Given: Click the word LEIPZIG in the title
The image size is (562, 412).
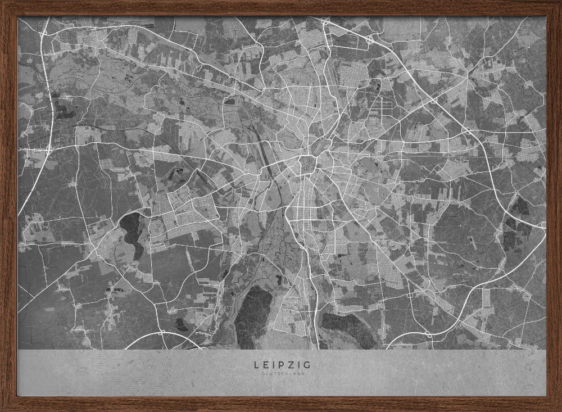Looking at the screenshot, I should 282,365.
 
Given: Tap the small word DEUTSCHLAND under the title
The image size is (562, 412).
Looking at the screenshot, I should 282,373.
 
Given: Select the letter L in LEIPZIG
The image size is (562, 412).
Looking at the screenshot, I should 256,365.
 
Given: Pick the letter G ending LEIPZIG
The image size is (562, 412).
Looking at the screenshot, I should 306,365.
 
